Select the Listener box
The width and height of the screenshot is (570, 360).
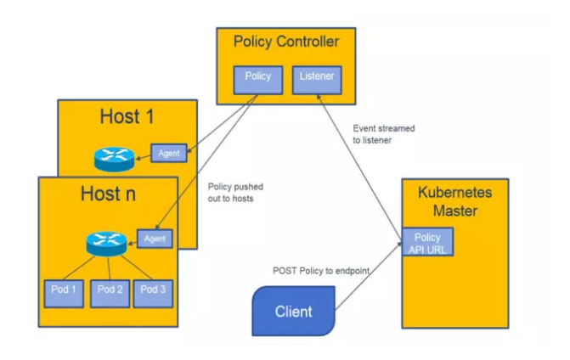(x=317, y=78)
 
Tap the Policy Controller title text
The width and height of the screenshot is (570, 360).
(x=285, y=42)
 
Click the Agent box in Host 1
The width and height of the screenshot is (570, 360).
(x=167, y=152)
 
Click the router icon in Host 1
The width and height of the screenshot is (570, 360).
(x=110, y=156)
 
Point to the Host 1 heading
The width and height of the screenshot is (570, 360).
(x=127, y=116)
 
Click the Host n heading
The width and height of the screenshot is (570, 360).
(x=108, y=194)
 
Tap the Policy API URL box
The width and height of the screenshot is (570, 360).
(x=428, y=242)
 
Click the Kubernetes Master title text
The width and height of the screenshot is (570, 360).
(x=454, y=200)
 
